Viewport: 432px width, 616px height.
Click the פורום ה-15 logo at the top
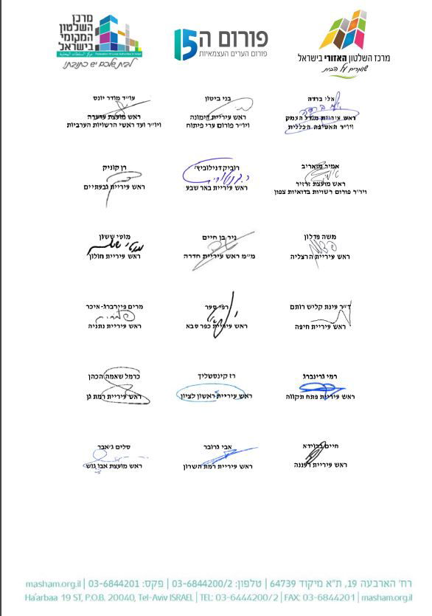pos(220,44)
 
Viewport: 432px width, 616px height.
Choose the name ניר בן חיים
pos(217,238)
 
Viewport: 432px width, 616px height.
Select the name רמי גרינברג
pos(321,376)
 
